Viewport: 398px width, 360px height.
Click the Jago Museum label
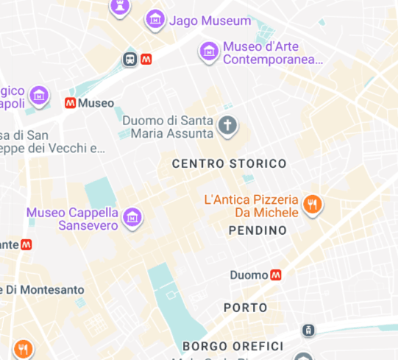click(x=210, y=21)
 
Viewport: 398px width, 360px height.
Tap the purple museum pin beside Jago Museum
click(x=155, y=19)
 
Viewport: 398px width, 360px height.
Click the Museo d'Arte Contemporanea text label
click(x=272, y=52)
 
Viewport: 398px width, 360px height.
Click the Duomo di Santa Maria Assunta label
click(x=168, y=127)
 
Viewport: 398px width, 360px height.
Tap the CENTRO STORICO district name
click(x=229, y=163)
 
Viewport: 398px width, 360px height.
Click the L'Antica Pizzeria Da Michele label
click(x=251, y=206)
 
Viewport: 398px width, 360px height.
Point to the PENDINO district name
click(x=257, y=231)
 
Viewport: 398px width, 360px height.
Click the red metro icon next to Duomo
click(x=276, y=275)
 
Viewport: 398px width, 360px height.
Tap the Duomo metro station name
click(x=249, y=275)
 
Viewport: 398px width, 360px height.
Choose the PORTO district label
click(x=246, y=307)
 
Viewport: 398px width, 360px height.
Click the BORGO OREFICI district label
click(x=232, y=346)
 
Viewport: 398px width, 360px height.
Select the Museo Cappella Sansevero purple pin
click(x=133, y=216)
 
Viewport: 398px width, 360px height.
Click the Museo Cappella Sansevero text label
click(x=72, y=219)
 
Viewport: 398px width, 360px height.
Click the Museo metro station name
click(x=96, y=103)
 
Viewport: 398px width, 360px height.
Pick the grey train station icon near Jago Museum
click(x=130, y=60)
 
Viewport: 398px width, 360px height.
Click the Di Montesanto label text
click(x=43, y=289)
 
